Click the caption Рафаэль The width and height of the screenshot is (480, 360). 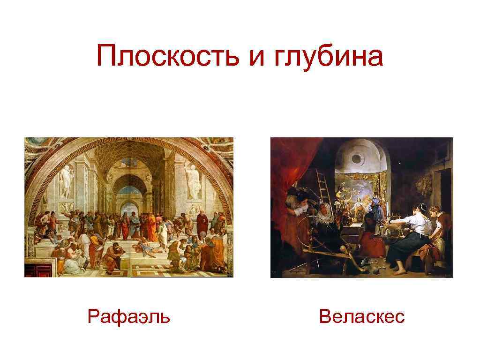pyautogui.click(x=129, y=317)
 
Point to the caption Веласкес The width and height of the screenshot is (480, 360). pyautogui.click(x=361, y=317)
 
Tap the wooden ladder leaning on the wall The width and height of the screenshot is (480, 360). pyautogui.click(x=323, y=186)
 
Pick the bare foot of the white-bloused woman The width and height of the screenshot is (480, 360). pyautogui.click(x=397, y=271)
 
